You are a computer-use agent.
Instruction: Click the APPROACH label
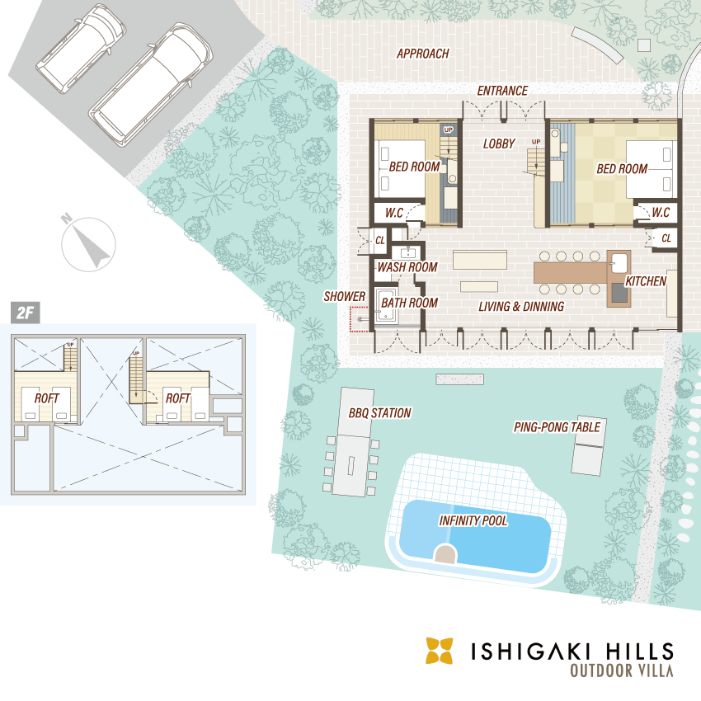(422, 54)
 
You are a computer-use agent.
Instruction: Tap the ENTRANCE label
(502, 91)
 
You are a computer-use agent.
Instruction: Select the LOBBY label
(499, 143)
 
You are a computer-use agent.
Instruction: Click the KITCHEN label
(646, 281)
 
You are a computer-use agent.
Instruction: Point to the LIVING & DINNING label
(521, 306)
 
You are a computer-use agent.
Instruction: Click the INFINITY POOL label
(473, 521)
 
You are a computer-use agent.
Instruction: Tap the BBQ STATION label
(379, 412)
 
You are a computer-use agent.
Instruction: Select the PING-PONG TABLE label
(557, 427)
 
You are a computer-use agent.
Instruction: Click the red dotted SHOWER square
(360, 319)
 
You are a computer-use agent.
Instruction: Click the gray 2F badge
(26, 313)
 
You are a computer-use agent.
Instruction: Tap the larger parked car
(151, 85)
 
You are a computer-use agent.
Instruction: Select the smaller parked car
(81, 49)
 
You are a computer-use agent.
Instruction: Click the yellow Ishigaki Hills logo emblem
(439, 651)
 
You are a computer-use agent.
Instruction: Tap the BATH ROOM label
(410, 303)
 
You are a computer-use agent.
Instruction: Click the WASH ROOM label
(407, 267)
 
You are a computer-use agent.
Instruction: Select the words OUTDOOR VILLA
(622, 670)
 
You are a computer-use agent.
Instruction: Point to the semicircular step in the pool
(445, 553)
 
